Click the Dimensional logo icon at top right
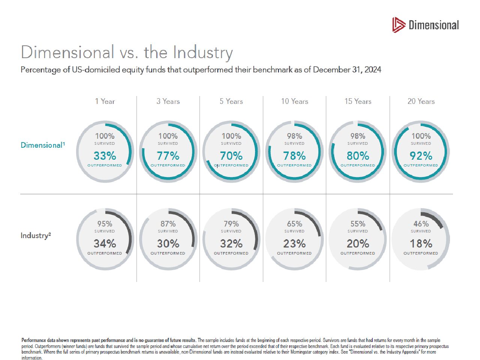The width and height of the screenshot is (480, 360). pos(399,25)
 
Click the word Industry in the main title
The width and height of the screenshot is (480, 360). pos(202,52)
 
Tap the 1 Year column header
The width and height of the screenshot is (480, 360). pos(105,101)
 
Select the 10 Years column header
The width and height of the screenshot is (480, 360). pos(294,101)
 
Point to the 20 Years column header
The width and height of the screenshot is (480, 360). pos(421,101)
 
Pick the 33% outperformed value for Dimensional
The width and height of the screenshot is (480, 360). pos(105,156)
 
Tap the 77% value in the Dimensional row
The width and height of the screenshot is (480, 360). pos(168,156)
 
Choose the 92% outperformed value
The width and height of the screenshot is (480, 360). pos(421,156)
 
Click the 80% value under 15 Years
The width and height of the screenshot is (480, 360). pos(358,156)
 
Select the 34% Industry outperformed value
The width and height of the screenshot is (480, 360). pos(105,244)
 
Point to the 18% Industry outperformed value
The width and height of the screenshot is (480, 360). pos(421,244)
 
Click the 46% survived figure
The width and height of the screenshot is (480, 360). pos(421,224)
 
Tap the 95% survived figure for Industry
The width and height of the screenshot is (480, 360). pos(105,224)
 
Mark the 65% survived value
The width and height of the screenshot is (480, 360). pos(294,224)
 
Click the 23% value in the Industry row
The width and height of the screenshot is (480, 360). pos(294,244)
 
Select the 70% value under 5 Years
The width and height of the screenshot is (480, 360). pos(231,156)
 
